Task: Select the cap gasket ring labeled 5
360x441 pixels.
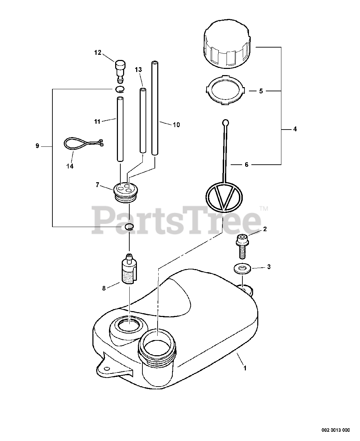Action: pos(224,91)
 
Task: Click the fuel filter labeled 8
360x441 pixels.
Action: pos(130,270)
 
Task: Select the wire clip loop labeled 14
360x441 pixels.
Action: pos(82,144)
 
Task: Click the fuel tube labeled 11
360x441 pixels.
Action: pos(120,129)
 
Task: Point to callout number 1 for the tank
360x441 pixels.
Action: pos(245,368)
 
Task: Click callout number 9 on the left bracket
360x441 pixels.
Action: pos(37,146)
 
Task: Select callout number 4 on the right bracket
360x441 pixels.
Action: pos(295,129)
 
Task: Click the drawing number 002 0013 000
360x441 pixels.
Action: pos(336,430)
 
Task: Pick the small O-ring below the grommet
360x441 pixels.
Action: pos(129,226)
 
